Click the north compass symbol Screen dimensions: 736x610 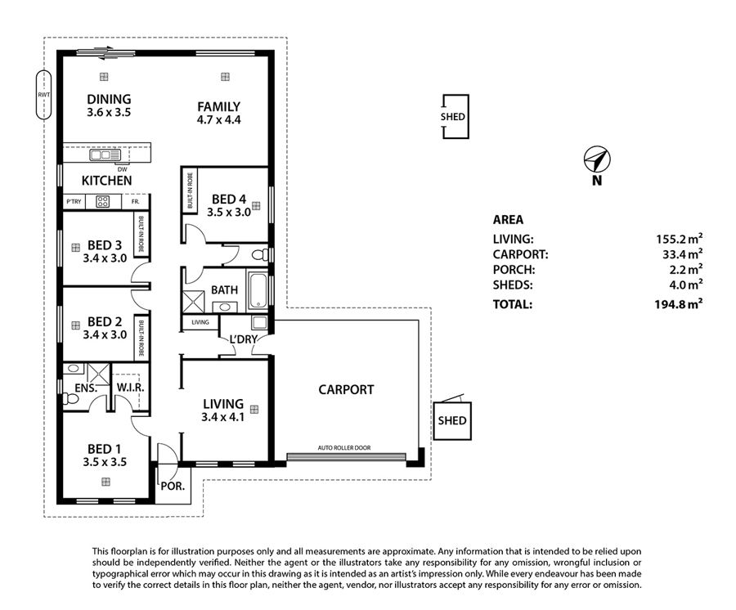point(597,159)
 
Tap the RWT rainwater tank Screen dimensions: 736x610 point(43,95)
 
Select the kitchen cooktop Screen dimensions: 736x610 point(102,202)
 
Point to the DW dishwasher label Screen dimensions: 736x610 point(122,169)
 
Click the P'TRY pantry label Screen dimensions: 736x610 point(74,202)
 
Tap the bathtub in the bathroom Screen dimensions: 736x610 point(258,290)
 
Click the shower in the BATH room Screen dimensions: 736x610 point(193,302)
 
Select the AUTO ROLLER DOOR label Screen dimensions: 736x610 point(344,447)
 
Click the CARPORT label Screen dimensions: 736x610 point(346,389)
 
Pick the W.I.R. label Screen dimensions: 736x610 point(130,388)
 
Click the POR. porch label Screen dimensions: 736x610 point(173,487)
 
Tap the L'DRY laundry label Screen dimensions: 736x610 point(243,339)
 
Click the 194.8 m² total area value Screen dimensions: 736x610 point(679,304)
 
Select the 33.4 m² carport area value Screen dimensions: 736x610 point(680,254)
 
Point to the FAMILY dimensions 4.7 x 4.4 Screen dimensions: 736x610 point(218,120)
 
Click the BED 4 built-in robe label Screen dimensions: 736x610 point(190,191)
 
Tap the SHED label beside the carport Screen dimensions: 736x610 point(452,420)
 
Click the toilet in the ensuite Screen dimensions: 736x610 point(70,399)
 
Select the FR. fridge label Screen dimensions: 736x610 point(135,202)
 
